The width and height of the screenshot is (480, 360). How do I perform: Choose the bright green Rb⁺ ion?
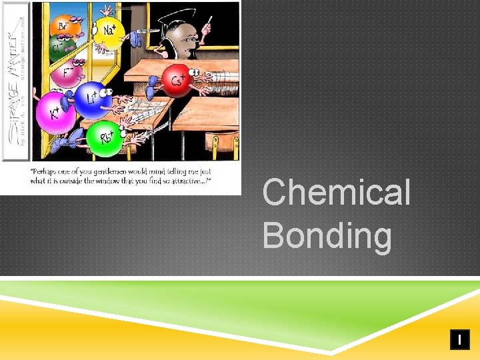coord(104,138)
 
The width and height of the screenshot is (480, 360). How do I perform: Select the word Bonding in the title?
coord(327,235)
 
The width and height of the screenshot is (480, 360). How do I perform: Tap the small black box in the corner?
coord(459,339)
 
